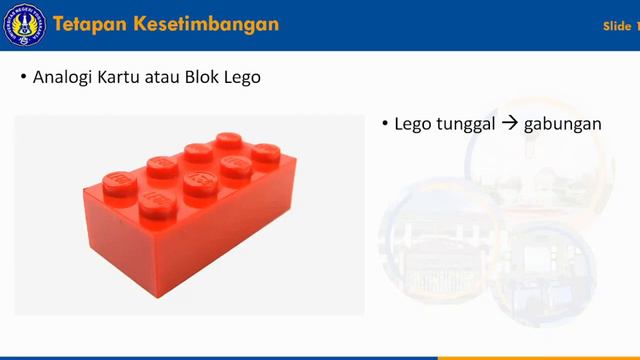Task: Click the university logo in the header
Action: [24, 25]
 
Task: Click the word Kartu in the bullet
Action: [120, 77]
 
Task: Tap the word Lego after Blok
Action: [243, 77]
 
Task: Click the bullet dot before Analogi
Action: [23, 78]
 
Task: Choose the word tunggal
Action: [463, 125]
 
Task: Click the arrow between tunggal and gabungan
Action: [511, 125]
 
